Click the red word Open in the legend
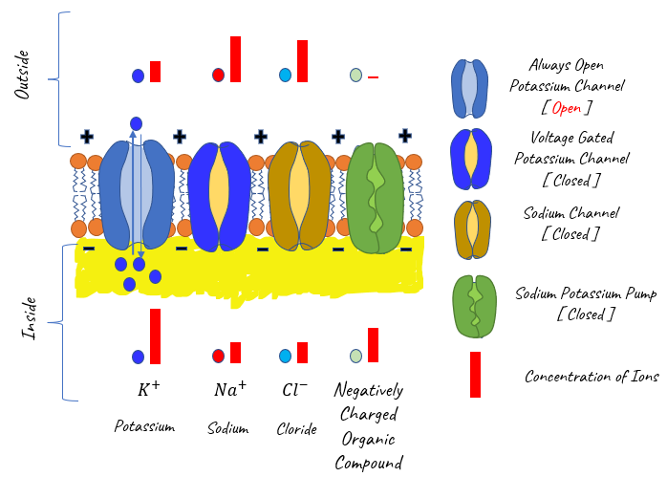[566, 108]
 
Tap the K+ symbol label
[148, 388]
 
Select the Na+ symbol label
[229, 388]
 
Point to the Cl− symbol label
[294, 389]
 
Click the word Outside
[22, 75]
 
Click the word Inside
[29, 318]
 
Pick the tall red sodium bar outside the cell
[235, 59]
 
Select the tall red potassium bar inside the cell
[155, 336]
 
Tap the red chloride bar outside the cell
[302, 61]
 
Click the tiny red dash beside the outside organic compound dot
[373, 77]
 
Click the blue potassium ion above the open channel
[136, 124]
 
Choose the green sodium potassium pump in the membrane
[375, 198]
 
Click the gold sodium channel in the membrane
[299, 196]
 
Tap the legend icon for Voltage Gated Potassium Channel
[471, 159]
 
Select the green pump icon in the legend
[474, 306]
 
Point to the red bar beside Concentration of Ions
[475, 375]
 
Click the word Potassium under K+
[144, 426]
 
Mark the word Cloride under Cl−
[296, 429]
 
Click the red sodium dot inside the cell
[218, 356]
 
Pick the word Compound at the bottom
[369, 463]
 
